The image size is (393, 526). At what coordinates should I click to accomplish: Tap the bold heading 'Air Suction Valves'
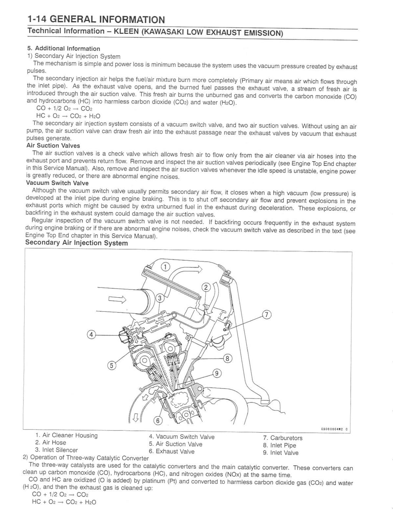point(53,146)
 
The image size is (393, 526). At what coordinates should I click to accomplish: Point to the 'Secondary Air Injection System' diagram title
point(76,243)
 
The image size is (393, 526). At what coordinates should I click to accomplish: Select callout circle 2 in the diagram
point(206,288)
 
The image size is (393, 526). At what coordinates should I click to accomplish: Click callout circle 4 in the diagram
point(91,334)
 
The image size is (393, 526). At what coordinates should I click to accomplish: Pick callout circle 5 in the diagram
point(111,366)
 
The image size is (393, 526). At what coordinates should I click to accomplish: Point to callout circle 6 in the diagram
point(158,420)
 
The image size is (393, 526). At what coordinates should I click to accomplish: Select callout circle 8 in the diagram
point(228,359)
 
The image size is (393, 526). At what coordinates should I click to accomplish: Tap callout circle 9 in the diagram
point(216,373)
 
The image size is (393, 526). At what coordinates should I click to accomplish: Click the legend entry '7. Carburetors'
point(282,438)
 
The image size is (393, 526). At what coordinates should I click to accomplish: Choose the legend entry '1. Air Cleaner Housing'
point(66,435)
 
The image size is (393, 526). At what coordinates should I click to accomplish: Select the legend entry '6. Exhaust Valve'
point(172,452)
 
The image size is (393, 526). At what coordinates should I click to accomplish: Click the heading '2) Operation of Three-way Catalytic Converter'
point(86,458)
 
